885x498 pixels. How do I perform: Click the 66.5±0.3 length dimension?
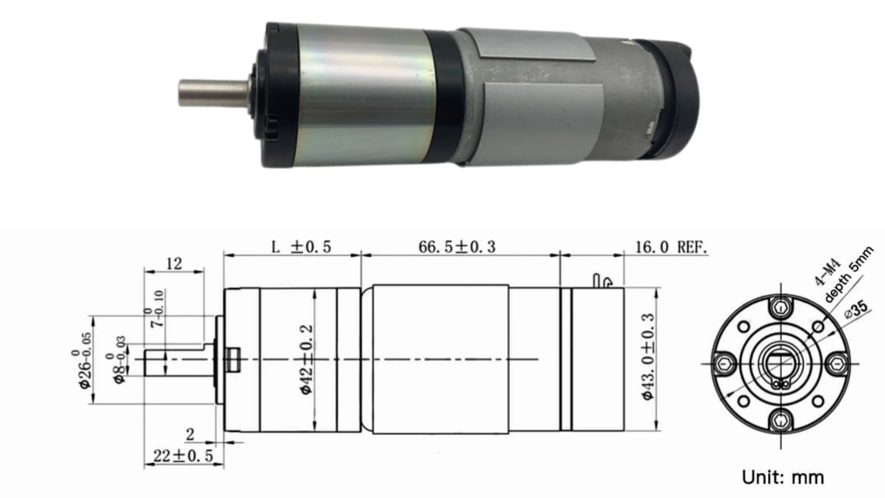457,247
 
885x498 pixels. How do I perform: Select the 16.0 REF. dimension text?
671,247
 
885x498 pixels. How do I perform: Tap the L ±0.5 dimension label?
301,247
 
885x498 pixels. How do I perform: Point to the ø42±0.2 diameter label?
307,359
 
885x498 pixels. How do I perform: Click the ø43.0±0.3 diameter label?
648,357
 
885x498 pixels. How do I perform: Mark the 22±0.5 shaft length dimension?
183,456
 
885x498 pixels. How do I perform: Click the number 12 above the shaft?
174,263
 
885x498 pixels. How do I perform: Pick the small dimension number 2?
190,434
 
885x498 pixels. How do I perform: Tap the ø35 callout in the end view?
856,309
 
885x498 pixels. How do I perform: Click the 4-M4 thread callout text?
827,272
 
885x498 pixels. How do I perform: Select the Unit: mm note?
782,477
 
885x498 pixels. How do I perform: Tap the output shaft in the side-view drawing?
175,362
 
